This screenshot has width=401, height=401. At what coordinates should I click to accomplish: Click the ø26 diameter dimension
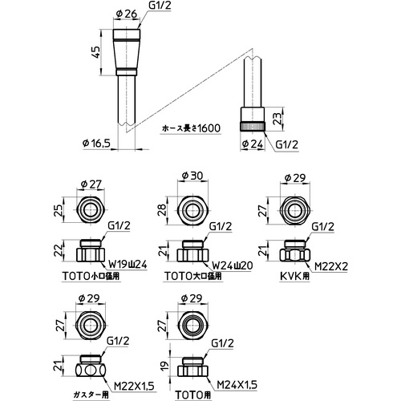pyautogui.click(x=127, y=14)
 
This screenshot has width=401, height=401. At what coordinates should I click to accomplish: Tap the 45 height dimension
pyautogui.click(x=95, y=52)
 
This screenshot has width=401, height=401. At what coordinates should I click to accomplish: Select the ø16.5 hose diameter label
pyautogui.click(x=96, y=144)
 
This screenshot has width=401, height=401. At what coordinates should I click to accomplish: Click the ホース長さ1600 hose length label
pyautogui.click(x=192, y=128)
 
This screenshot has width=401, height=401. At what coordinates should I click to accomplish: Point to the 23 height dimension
pyautogui.click(x=277, y=118)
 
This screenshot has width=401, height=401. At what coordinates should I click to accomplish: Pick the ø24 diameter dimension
pyautogui.click(x=253, y=144)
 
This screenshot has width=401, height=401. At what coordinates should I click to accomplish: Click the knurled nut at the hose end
pyautogui.click(x=253, y=127)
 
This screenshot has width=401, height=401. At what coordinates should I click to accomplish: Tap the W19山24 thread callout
pyautogui.click(x=128, y=265)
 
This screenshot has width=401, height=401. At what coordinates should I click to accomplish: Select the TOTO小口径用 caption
pyautogui.click(x=91, y=276)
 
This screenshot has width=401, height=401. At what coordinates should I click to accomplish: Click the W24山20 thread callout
pyautogui.click(x=233, y=265)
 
